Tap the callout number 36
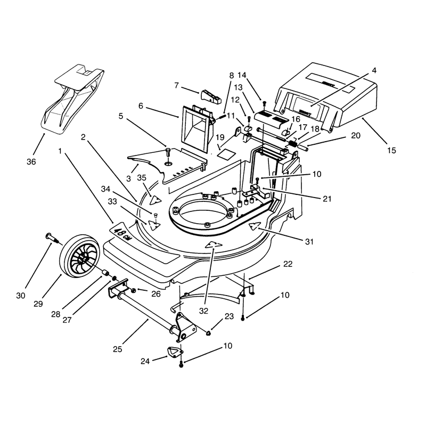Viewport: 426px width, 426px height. (31, 162)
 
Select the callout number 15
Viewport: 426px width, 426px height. (391, 150)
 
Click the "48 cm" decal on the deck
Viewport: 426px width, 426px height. (121, 234)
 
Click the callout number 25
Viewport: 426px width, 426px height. (118, 349)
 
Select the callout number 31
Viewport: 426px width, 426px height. (309, 242)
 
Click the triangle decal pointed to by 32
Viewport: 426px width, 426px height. (214, 244)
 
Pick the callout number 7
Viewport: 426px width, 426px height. (176, 86)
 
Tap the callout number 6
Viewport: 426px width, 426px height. (141, 105)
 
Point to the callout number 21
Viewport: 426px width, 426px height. (327, 199)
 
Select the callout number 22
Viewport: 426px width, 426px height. (288, 264)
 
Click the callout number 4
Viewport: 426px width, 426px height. (374, 70)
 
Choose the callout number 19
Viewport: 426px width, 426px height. (220, 137)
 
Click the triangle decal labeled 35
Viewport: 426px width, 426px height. (155, 200)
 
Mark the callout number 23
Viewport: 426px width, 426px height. (229, 316)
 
